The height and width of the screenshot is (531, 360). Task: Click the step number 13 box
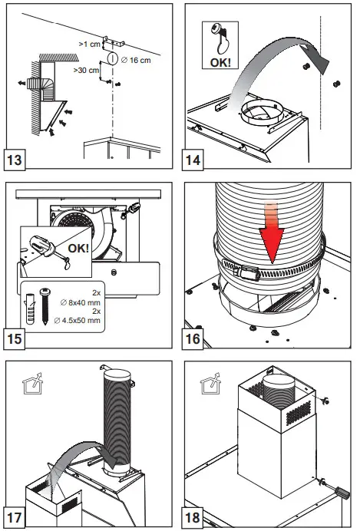[x=15, y=160]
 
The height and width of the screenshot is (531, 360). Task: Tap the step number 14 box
[x=193, y=160]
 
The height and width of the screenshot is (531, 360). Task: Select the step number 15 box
[x=15, y=338]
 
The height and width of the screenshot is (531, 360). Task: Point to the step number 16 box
[x=193, y=338]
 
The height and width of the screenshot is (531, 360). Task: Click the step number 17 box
[x=15, y=517]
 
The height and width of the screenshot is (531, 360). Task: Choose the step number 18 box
[x=193, y=517]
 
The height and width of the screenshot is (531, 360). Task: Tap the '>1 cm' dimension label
[x=89, y=44]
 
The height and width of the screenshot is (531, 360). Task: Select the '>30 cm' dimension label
[x=87, y=70]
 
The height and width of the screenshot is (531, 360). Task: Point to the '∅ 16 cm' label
[x=135, y=61]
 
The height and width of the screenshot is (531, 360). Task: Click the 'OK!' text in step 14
[x=220, y=63]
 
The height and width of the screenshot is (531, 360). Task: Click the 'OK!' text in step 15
[x=78, y=248]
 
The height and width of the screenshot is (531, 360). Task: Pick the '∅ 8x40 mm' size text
[x=81, y=302]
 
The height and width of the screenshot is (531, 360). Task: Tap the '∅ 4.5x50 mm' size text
[x=78, y=320]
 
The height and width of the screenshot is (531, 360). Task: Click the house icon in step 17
[x=32, y=384]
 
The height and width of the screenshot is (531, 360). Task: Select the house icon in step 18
[x=210, y=384]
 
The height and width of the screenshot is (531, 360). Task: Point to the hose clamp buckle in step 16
[x=249, y=272]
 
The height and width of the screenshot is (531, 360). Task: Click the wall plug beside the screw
[x=30, y=308]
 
